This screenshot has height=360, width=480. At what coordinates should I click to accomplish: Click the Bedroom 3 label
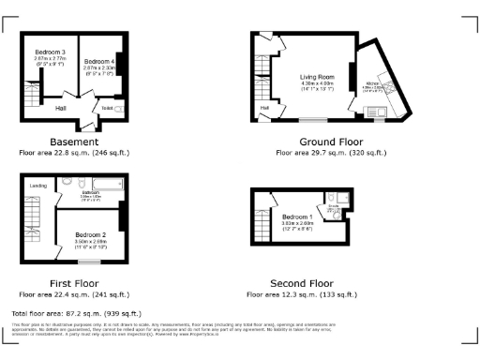tap(50, 51)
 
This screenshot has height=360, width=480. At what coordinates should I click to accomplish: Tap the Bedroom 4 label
tap(99, 62)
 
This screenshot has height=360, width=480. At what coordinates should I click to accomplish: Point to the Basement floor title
tap(68, 142)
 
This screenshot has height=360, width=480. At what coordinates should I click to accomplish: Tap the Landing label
tap(38, 186)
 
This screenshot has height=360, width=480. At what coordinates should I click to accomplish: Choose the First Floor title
tap(68, 281)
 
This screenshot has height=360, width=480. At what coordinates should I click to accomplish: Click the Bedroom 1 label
tap(298, 217)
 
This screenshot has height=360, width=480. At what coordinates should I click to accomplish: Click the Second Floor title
tap(301, 281)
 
